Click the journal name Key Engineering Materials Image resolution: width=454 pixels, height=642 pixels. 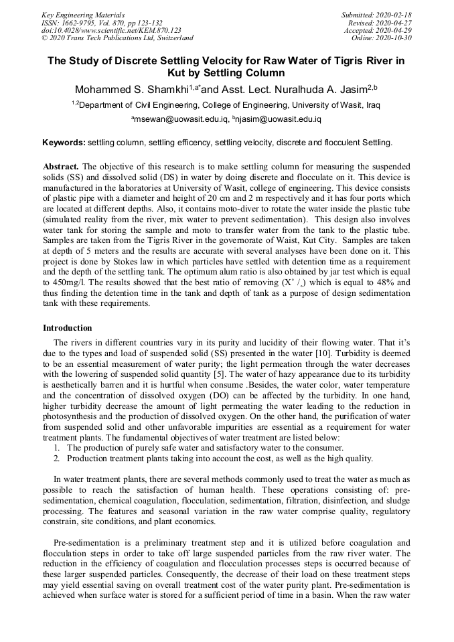tap(83, 15)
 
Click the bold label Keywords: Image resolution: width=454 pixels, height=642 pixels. tap(64, 143)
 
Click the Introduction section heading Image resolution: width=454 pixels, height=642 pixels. tap(68, 328)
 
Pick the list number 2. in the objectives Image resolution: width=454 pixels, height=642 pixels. tap(58, 458)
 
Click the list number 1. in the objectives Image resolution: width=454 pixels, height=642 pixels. tap(58, 448)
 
